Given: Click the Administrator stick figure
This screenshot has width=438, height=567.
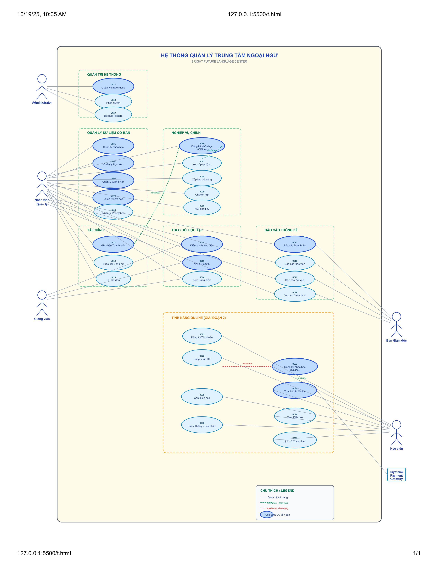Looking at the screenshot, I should coord(42,87).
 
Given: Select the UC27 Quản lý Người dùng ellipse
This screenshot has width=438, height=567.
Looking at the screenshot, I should coord(113,86).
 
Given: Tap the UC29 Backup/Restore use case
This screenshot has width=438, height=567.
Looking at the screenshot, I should coord(113,114).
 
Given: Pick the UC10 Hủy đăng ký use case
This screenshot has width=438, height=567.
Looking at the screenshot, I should coord(202,207).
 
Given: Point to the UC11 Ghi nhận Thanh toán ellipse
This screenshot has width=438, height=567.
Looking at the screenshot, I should coord(113,244).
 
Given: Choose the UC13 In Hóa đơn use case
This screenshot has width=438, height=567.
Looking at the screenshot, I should coord(113,279).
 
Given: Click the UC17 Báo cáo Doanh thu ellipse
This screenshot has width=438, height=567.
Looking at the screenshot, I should coord(295,244).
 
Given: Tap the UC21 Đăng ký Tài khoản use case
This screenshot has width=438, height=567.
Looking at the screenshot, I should coord(202,336).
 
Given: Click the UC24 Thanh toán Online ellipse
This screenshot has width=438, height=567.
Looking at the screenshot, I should coord(295,390).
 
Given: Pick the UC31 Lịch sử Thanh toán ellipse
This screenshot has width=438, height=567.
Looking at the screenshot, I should coord(295,440).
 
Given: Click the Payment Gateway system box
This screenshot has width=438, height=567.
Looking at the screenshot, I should coord(396,475).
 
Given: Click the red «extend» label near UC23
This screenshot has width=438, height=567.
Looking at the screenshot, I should coord(247,363).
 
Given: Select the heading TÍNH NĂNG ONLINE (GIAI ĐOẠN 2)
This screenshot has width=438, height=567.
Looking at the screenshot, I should coord(199,318).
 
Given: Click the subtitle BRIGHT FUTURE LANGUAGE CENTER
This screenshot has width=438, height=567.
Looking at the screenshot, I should coord(219,62).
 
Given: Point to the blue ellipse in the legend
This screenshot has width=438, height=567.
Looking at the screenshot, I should coord(266,515).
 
